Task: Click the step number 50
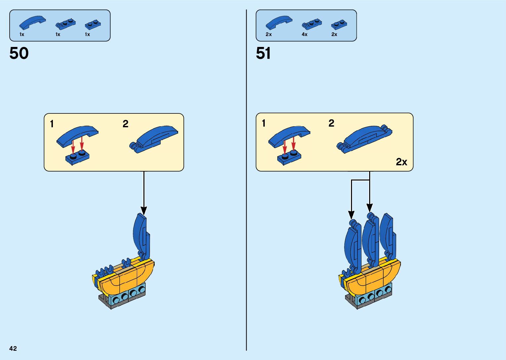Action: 19,53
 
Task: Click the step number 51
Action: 263,53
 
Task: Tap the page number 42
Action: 13,348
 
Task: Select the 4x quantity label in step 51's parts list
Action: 304,34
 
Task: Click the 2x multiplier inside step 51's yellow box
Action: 401,162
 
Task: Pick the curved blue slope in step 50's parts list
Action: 32,22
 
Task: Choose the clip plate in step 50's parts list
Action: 65,24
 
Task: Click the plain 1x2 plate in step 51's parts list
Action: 339,25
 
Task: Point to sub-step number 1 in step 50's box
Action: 52,124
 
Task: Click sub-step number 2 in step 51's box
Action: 331,123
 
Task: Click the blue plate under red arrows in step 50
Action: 77,158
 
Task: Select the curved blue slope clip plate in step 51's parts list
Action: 312,24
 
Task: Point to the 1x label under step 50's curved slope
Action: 22,34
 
